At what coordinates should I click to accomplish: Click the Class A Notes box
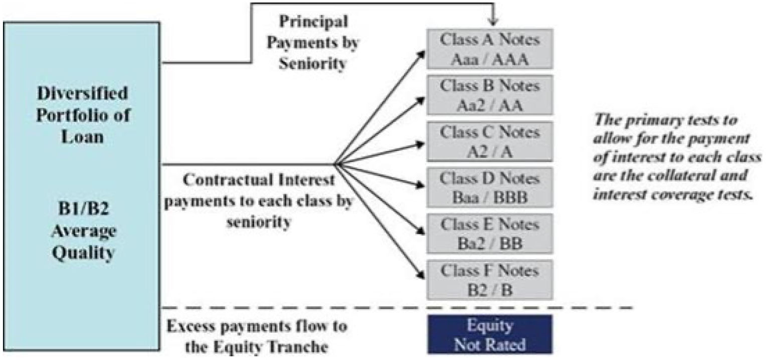click(490, 49)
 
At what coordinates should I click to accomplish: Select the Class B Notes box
click(490, 95)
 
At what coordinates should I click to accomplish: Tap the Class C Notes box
click(490, 141)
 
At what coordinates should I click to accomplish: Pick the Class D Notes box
click(490, 188)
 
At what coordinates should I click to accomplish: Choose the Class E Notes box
click(490, 234)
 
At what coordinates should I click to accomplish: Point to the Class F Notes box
click(490, 280)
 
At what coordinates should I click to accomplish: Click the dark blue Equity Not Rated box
click(490, 334)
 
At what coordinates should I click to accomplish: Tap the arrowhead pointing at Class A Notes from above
click(493, 22)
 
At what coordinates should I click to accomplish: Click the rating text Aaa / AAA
click(490, 60)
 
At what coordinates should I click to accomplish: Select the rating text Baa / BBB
click(490, 197)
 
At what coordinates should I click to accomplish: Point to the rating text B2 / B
click(490, 290)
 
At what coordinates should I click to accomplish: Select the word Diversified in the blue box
click(82, 93)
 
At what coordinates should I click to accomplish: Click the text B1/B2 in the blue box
click(83, 209)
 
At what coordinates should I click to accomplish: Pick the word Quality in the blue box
click(83, 254)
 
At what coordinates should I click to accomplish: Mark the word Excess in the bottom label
click(191, 326)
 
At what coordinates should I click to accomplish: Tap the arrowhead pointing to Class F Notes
click(420, 275)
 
